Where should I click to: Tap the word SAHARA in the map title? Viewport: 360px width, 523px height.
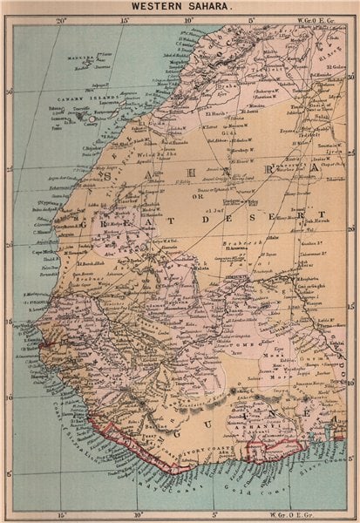click(x=203, y=8)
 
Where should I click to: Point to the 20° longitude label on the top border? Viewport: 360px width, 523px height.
click(x=60, y=20)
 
